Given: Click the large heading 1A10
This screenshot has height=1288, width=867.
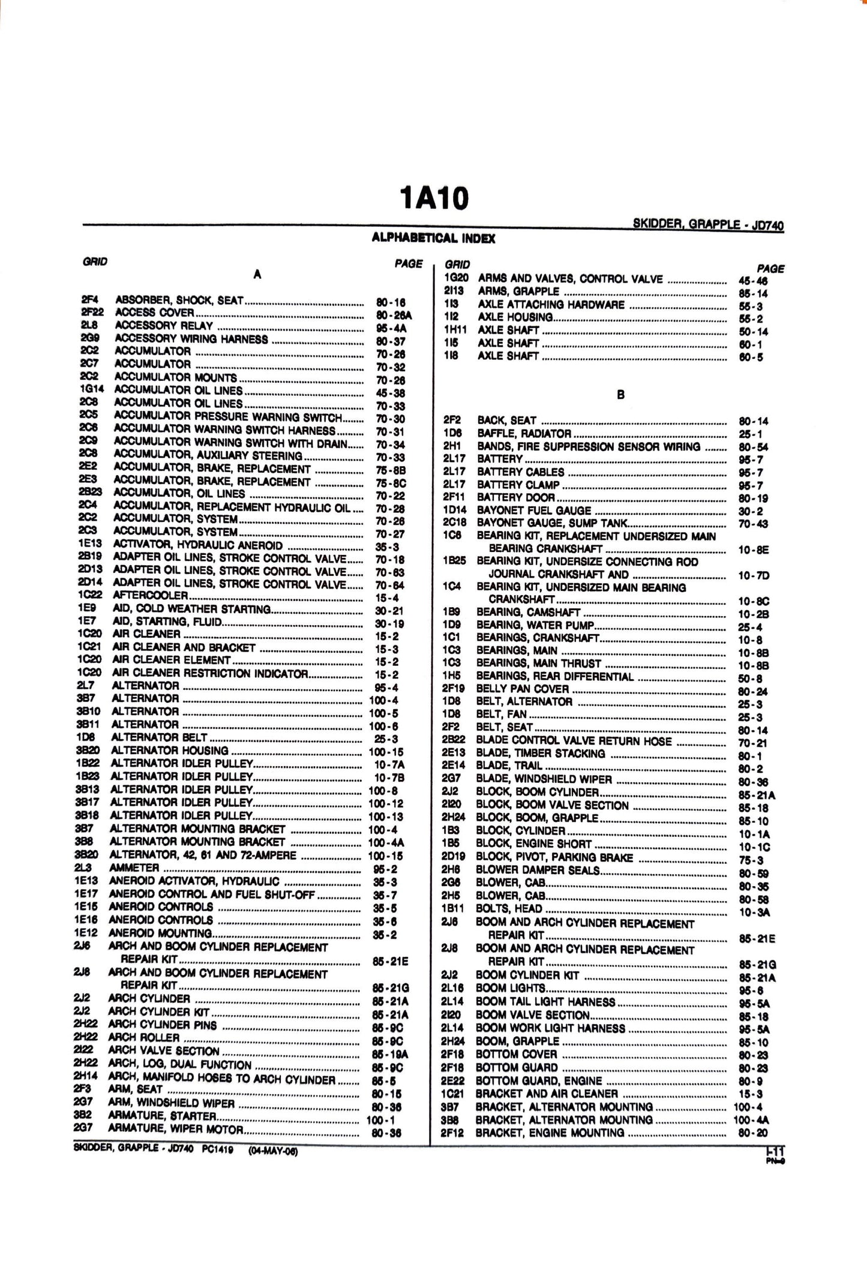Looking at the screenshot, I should [x=434, y=198].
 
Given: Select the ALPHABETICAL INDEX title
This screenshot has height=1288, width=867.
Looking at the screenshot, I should [x=433, y=239].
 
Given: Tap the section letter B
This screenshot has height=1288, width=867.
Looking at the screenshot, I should [x=620, y=395].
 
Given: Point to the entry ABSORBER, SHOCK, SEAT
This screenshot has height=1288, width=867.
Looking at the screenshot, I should [x=180, y=300].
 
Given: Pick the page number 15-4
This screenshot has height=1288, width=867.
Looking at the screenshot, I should [x=386, y=598].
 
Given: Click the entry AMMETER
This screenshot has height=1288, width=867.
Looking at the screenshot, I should [x=134, y=868].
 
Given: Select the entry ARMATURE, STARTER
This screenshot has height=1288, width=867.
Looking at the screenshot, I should [x=162, y=1116].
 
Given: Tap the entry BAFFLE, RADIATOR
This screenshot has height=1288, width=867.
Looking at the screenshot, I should [x=524, y=433].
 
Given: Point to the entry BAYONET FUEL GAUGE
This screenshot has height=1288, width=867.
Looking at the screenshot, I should [x=534, y=511].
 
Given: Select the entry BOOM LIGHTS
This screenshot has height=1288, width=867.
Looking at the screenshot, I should [x=510, y=988].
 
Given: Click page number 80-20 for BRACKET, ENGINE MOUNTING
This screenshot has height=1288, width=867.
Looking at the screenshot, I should [x=754, y=1133].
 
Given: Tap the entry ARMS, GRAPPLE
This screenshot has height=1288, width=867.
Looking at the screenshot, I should [x=518, y=292].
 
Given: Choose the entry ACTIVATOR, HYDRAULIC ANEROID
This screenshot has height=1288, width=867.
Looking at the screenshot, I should [x=198, y=545].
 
